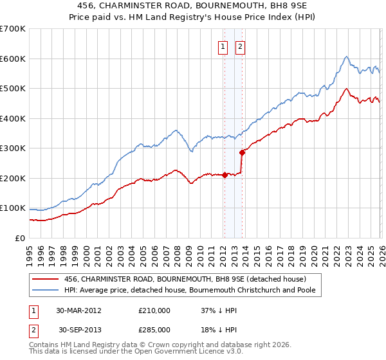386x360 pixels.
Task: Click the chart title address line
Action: point(193,6)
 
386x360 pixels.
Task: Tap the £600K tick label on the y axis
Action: point(13,59)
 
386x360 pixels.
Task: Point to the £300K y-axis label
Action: point(13,148)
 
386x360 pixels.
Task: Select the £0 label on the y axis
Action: point(19,239)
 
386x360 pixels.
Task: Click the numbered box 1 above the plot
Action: point(223,46)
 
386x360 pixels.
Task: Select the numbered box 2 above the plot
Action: point(240,46)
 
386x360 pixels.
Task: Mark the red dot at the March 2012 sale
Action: point(225,175)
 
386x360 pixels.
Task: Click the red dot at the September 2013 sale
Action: point(242,152)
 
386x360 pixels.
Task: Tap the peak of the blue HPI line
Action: point(346,57)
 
